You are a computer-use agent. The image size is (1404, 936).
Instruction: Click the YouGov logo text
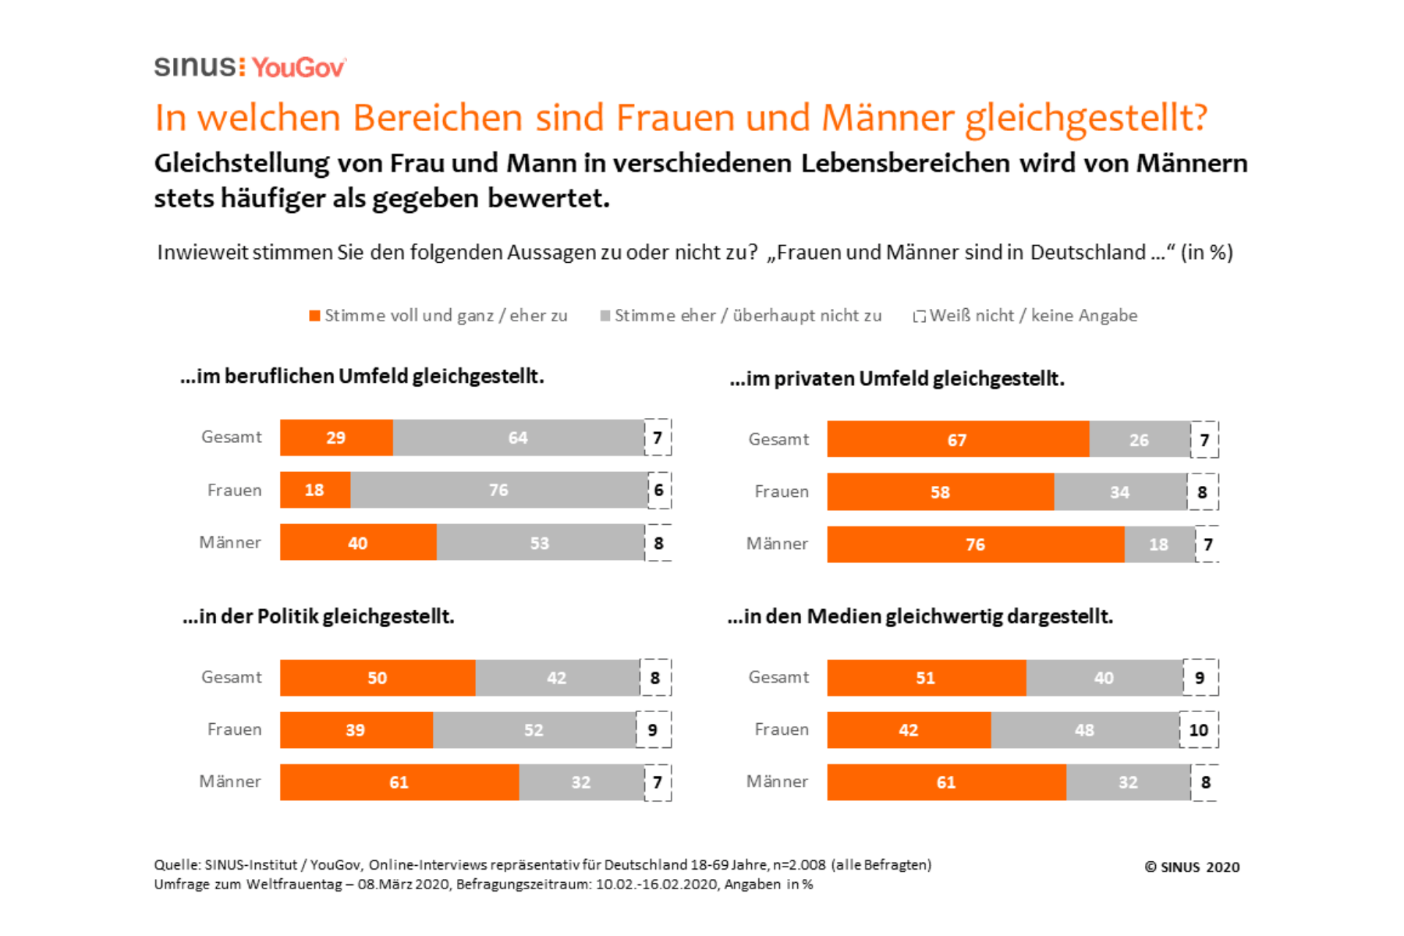click(298, 68)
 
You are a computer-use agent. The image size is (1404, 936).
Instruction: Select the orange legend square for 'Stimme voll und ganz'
click(314, 316)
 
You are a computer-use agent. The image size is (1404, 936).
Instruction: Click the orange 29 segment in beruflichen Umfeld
click(336, 438)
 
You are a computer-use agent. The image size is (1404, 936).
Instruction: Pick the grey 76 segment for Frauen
click(498, 490)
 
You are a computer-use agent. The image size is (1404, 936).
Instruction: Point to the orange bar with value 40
click(358, 543)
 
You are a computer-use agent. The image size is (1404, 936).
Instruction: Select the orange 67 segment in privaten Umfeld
click(957, 440)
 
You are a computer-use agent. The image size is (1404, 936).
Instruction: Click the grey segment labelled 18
click(1159, 544)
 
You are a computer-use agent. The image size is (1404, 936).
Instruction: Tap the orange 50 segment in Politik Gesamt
click(378, 678)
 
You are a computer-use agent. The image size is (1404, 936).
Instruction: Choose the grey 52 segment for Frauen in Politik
click(534, 730)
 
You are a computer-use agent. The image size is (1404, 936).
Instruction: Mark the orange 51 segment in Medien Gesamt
click(926, 678)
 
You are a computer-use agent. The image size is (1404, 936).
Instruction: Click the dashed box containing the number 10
click(1199, 730)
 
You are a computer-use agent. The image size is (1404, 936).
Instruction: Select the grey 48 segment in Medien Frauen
click(1084, 730)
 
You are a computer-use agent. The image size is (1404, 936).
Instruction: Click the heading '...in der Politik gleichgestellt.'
click(318, 616)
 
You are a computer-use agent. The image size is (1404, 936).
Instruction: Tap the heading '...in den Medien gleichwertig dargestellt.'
click(920, 616)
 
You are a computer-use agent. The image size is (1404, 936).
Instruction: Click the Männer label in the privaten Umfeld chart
click(777, 544)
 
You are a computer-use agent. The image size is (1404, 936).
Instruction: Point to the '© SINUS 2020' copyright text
click(1192, 867)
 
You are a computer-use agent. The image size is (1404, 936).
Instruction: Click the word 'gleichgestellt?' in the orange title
click(1086, 119)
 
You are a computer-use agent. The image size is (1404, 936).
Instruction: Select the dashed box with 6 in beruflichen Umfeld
click(659, 490)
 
